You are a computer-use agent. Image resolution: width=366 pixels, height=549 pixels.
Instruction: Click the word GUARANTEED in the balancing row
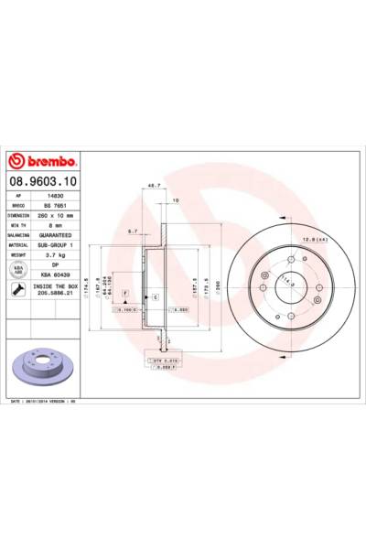pyautogui.click(x=65, y=236)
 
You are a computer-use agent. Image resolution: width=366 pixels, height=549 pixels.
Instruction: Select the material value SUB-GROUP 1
pyautogui.click(x=65, y=245)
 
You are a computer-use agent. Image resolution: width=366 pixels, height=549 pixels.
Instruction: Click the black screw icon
pyautogui.click(x=18, y=293)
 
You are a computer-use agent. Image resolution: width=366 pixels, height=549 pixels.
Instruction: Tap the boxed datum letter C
pyautogui.click(x=155, y=298)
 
